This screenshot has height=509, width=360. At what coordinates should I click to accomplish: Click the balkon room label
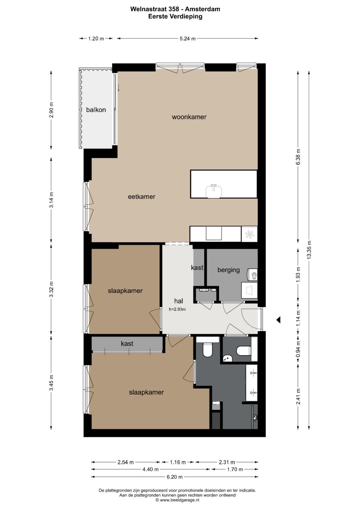point(96,110)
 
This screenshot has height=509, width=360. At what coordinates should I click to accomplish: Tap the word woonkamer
point(189,117)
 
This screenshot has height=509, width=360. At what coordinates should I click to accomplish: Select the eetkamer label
point(142,197)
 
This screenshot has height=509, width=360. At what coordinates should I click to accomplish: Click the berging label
point(228,270)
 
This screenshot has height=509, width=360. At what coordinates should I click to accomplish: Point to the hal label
point(179,301)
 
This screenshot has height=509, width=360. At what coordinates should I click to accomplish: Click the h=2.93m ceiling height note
point(177,309)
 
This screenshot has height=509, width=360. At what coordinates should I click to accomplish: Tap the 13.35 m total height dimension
point(310,249)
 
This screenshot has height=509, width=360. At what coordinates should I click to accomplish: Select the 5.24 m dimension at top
point(187,39)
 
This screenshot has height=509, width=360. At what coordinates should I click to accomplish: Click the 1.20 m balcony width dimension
point(96,39)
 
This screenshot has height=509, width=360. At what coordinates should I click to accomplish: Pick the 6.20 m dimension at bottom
point(175,477)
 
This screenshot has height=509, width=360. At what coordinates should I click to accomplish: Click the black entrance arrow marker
point(278,320)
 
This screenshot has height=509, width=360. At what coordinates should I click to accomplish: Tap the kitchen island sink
point(214,191)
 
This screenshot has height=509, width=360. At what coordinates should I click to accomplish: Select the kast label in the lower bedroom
point(127,344)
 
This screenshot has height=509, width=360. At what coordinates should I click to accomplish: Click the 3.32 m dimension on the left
point(52,289)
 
